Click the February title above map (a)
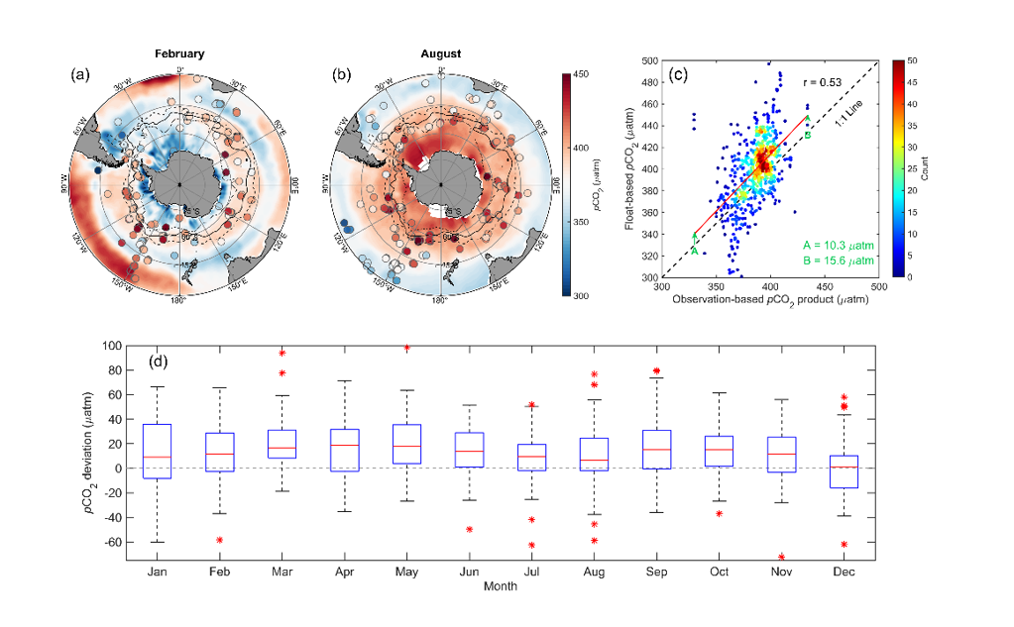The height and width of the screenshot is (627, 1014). pyautogui.click(x=179, y=52)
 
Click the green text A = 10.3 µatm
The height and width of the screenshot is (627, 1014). pyautogui.click(x=839, y=244)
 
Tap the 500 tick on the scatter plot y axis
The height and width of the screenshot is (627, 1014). pyautogui.click(x=649, y=60)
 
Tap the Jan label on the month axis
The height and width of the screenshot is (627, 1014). pyautogui.click(x=157, y=574)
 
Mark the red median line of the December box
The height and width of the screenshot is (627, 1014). pyautogui.click(x=845, y=467)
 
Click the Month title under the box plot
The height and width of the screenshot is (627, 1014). pyautogui.click(x=501, y=586)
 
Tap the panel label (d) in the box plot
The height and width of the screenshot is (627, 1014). pyautogui.click(x=158, y=364)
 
